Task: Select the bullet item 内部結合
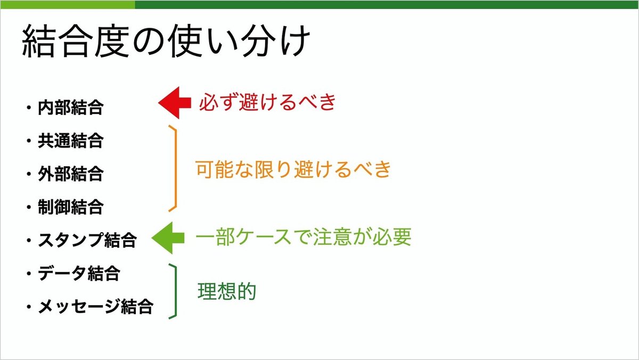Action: click(x=70, y=108)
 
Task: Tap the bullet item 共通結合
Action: click(x=70, y=141)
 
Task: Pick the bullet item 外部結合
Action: click(x=70, y=174)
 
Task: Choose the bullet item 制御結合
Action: click(x=70, y=207)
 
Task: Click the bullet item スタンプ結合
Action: click(x=87, y=240)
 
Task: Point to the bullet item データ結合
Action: click(x=79, y=273)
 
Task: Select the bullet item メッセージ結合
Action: click(x=95, y=307)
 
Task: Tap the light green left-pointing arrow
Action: click(x=167, y=238)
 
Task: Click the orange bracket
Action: click(x=174, y=168)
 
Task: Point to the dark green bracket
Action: click(x=174, y=291)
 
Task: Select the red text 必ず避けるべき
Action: click(x=267, y=102)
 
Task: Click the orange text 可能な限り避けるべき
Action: click(x=293, y=169)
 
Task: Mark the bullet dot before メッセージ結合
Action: click(x=27, y=308)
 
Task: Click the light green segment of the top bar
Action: click(x=67, y=4)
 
